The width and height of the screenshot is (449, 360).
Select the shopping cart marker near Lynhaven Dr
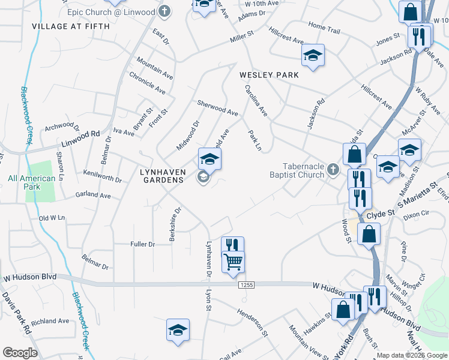[x=233, y=262]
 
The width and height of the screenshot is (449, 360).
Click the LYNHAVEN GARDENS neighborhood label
[x=161, y=175]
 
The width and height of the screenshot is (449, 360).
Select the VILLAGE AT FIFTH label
[x=71, y=26]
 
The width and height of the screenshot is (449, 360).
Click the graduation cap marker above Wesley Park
[x=312, y=56]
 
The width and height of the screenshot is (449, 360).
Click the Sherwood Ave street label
[x=218, y=108]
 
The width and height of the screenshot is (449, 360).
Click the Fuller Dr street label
[x=143, y=244]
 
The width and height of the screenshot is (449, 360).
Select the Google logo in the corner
[x=20, y=353]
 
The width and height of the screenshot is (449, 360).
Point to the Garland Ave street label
[x=93, y=196]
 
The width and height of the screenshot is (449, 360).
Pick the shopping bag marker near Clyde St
[x=369, y=233]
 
